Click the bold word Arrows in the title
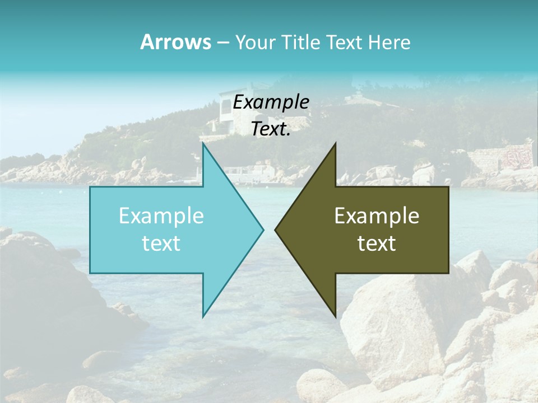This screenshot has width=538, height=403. (x=175, y=42)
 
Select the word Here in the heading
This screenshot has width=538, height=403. (x=389, y=43)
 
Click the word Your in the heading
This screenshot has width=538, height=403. (x=256, y=43)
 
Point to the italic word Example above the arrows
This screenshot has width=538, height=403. (x=271, y=102)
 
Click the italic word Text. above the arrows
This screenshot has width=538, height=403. (x=271, y=129)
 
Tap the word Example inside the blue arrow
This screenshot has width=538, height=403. (x=161, y=216)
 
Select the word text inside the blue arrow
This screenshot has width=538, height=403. (x=161, y=243)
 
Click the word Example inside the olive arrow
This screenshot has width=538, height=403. (x=377, y=216)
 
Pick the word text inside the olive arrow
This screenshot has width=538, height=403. (x=377, y=243)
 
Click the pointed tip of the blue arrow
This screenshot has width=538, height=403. (x=263, y=229)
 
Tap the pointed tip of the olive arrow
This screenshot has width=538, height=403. (x=276, y=229)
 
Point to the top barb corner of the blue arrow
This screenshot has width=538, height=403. (x=203, y=144)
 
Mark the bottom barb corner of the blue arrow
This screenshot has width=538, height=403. (x=203, y=316)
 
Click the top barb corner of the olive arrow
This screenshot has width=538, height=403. (x=335, y=144)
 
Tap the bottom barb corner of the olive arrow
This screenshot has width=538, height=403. (x=335, y=316)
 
